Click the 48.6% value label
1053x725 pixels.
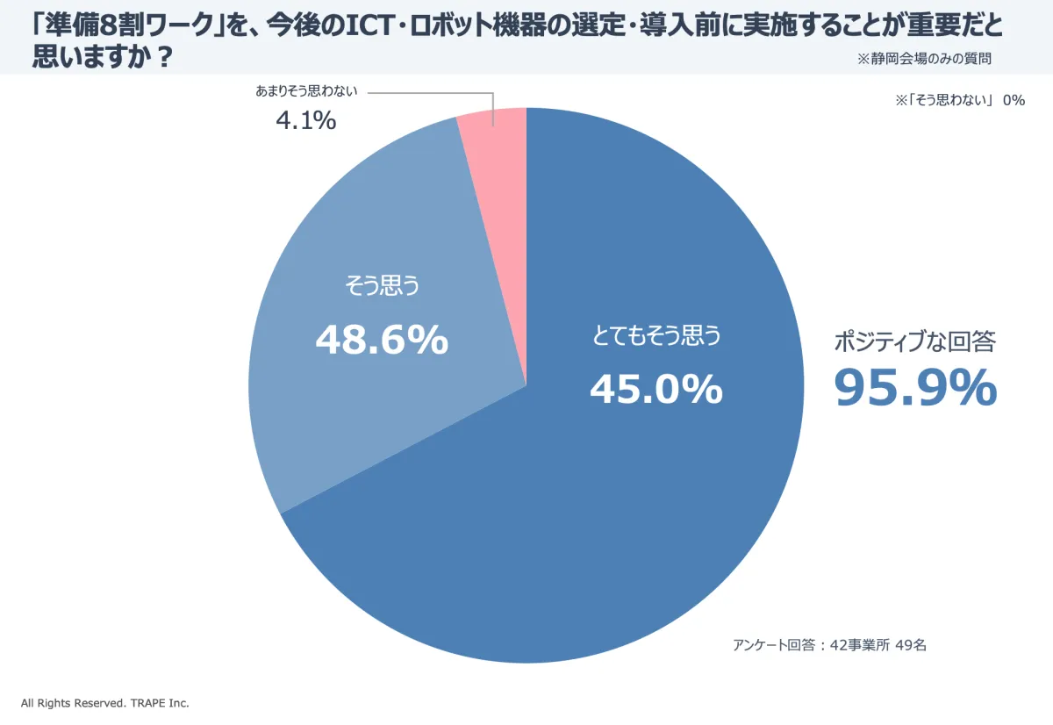point(382,341)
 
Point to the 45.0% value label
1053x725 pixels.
point(655,389)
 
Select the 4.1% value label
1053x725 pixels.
point(305,121)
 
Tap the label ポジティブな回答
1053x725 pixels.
point(914,342)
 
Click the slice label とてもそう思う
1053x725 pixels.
point(655,336)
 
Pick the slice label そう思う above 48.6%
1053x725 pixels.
point(382,287)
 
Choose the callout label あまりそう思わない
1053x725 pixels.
point(306,91)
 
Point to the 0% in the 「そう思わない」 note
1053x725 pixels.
point(1014,100)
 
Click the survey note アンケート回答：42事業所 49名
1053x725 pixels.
point(829,645)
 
